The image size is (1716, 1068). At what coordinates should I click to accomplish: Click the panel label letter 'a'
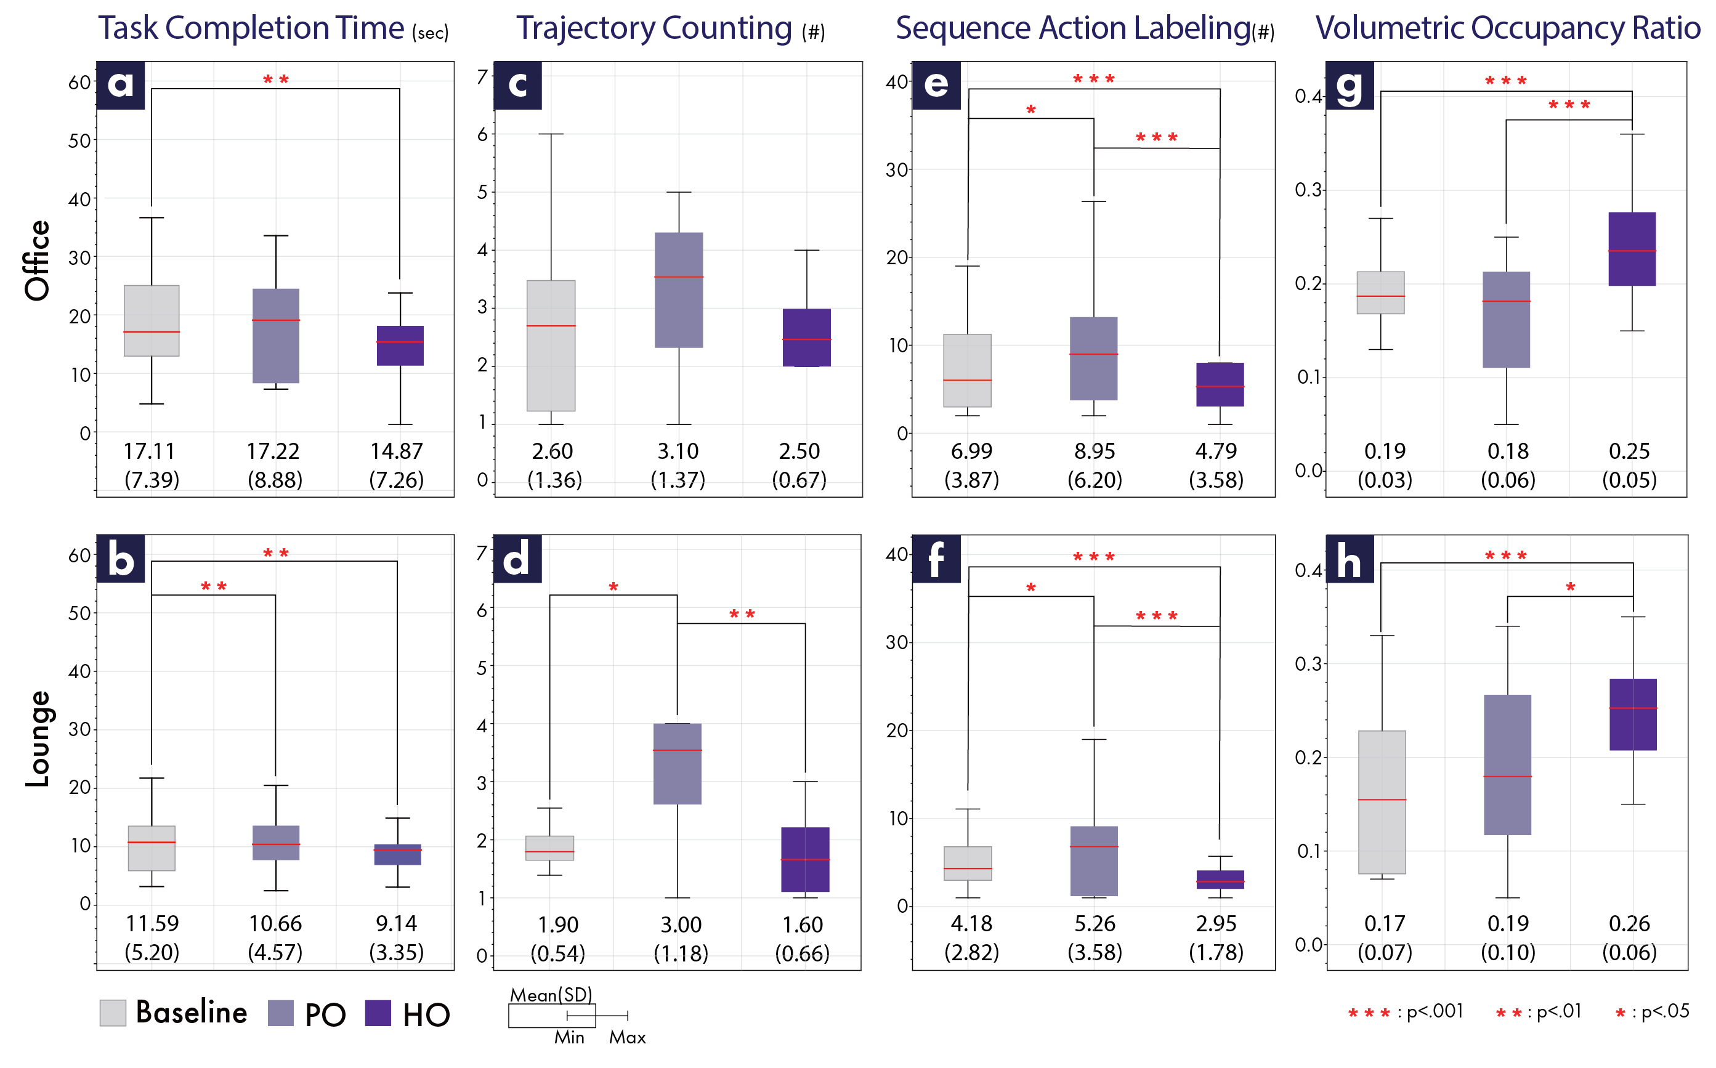(x=120, y=85)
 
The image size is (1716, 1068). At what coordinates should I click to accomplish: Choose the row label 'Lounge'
(x=38, y=738)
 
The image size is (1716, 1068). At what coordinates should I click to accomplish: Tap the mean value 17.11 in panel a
(x=149, y=451)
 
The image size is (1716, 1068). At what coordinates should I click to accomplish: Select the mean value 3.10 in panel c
(x=678, y=451)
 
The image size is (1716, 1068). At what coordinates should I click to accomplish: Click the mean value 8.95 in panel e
(x=1095, y=451)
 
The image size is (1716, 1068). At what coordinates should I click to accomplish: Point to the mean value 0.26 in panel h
(x=1629, y=923)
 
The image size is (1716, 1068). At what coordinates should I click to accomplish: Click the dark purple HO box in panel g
(x=1632, y=249)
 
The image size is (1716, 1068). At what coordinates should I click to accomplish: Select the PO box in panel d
(x=677, y=764)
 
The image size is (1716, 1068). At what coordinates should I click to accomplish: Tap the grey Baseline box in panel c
(x=551, y=346)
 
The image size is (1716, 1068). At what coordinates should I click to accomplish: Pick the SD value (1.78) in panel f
(x=1216, y=952)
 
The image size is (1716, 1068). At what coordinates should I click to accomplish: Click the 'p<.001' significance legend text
(x=1435, y=1011)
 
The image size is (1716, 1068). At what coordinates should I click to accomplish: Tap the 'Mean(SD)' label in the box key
(x=551, y=995)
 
